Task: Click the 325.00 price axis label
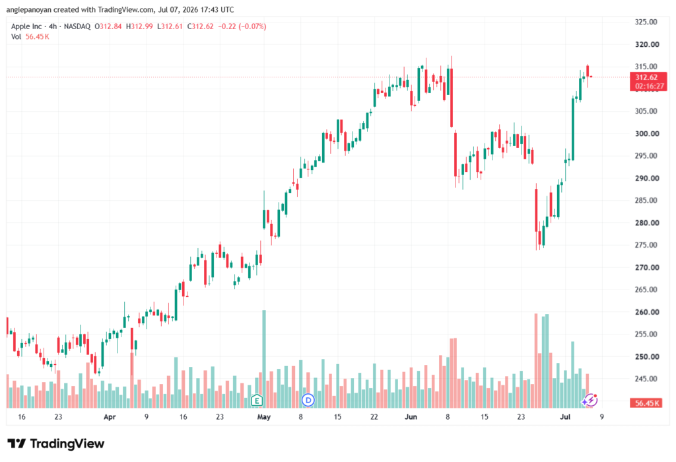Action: point(646,22)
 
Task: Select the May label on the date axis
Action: point(263,416)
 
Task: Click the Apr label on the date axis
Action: point(110,416)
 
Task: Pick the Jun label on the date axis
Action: point(411,416)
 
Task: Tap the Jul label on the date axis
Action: point(565,416)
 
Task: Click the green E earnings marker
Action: point(257,401)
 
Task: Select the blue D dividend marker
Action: point(308,401)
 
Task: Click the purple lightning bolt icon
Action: point(590,401)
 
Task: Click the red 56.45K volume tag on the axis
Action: point(646,403)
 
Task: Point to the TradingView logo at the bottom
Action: point(56,443)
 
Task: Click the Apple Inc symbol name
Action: point(26,26)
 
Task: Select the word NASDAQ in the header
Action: point(77,26)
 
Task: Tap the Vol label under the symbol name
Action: point(16,37)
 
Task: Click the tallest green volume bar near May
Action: point(264,359)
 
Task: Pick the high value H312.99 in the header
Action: point(139,26)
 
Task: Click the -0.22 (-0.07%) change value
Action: point(242,26)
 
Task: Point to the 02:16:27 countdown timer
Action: point(650,86)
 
